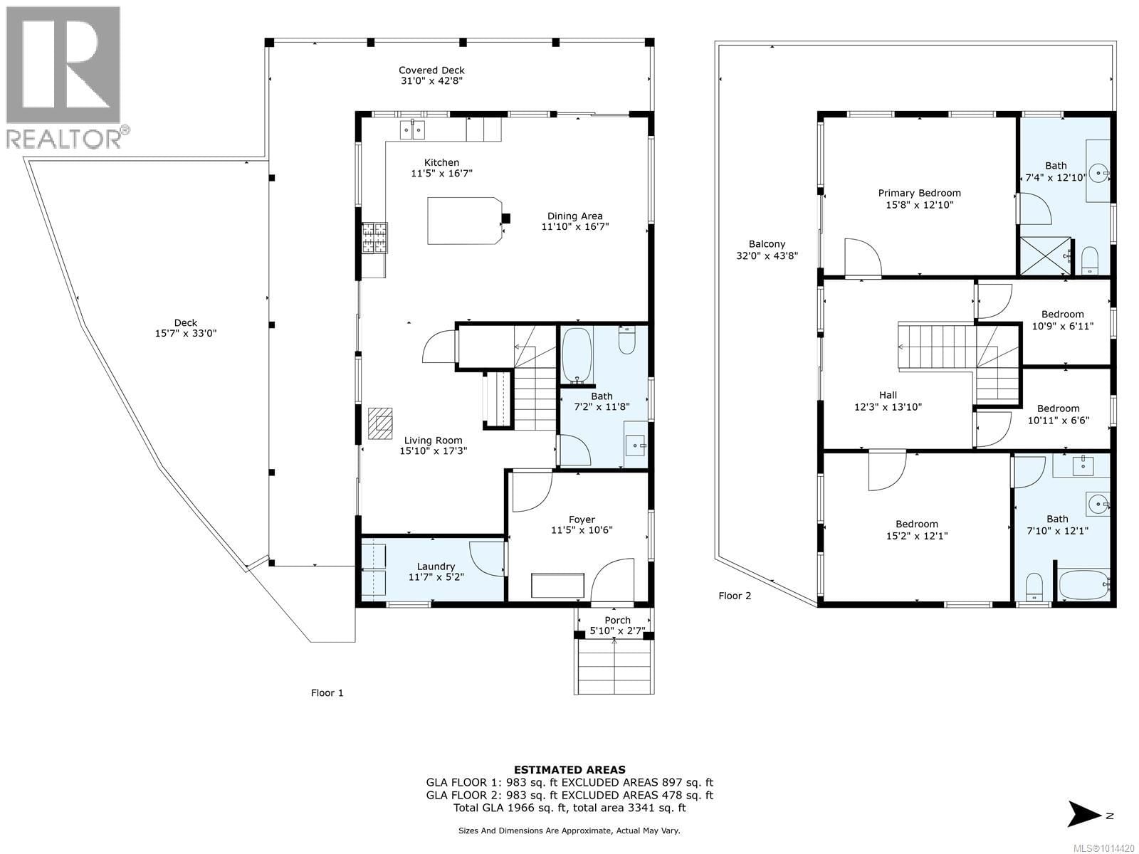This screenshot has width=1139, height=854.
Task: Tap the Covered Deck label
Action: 431,70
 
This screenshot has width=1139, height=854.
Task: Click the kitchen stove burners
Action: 374,238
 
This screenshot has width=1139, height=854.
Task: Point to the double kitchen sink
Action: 412,129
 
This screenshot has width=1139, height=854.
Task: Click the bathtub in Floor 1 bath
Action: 576,354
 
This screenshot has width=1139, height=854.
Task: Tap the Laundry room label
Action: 436,566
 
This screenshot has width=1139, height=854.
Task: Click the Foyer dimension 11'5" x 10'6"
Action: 582,530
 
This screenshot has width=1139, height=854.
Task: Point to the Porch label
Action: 617,620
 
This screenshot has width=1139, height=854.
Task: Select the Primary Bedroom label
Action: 919,193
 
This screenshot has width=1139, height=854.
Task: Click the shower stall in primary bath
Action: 1045,256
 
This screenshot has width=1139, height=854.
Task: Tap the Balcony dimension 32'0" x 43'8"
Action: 767,255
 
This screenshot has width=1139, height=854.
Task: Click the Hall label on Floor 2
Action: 888,395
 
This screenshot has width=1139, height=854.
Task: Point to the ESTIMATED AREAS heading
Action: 569,769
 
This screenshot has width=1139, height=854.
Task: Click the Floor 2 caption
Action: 734,596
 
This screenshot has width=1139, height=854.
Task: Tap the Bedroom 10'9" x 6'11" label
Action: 1062,314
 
